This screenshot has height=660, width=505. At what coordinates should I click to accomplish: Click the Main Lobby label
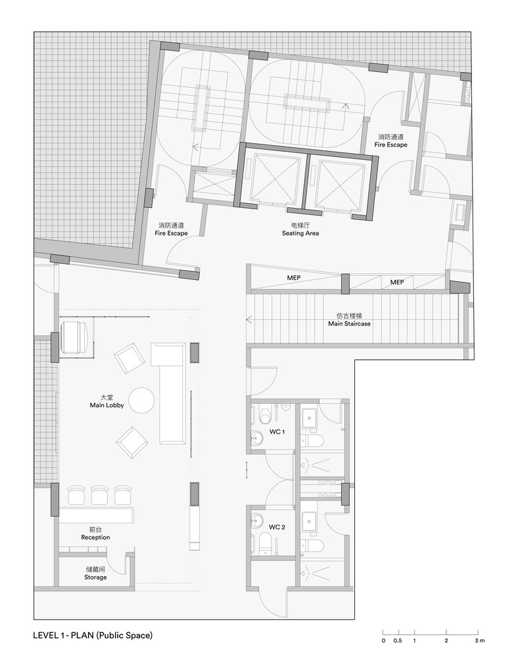pos(104,401)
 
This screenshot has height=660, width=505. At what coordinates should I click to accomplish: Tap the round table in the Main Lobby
pos(141,400)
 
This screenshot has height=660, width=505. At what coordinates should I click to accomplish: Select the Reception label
pos(95,533)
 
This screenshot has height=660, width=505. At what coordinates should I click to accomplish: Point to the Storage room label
pos(95,573)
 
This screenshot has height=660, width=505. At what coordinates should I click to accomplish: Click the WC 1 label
pos(277,432)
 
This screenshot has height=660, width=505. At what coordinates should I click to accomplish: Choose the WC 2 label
pos(277,527)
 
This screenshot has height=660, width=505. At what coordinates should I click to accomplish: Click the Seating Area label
pos(301,229)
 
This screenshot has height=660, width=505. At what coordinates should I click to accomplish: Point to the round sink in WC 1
pos(257,436)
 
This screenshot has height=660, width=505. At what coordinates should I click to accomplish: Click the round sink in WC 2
pos(257,521)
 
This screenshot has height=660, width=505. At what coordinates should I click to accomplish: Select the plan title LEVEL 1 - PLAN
pos(93,636)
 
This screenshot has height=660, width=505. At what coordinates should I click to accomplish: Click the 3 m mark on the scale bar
pos(478,640)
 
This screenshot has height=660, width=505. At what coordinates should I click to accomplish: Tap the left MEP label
pos(293,279)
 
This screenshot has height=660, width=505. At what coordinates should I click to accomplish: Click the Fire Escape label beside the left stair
pos(171,229)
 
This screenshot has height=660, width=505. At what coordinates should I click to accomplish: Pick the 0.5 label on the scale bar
pos(397,640)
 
